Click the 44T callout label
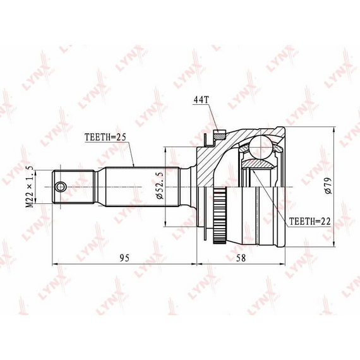(x=201, y=100)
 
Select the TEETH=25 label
(x=105, y=137)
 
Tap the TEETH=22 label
(x=309, y=221)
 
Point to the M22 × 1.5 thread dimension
(x=30, y=186)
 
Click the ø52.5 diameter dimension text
(x=160, y=185)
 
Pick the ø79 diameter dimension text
(x=328, y=186)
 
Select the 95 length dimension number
(x=124, y=258)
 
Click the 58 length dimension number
(x=241, y=258)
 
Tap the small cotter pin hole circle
(x=61, y=187)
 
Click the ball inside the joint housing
(x=261, y=147)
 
